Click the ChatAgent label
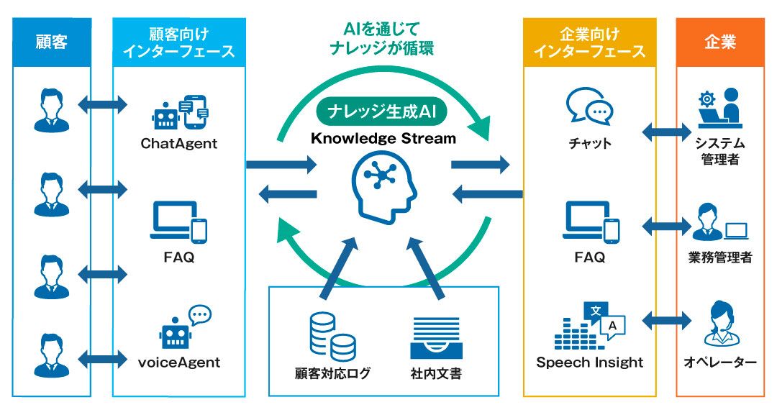tap(179, 144)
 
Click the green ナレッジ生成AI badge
tap(382, 111)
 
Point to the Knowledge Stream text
tap(383, 138)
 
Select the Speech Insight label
tap(590, 362)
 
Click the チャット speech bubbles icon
tap(589, 106)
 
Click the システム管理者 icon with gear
tap(720, 108)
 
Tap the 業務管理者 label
tap(720, 257)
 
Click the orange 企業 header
tap(720, 42)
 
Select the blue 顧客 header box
tap(52, 42)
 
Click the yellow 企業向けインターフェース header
tap(590, 42)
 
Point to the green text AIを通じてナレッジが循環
tap(381, 39)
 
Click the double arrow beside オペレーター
tap(666, 321)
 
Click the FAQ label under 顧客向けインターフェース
tap(179, 257)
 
